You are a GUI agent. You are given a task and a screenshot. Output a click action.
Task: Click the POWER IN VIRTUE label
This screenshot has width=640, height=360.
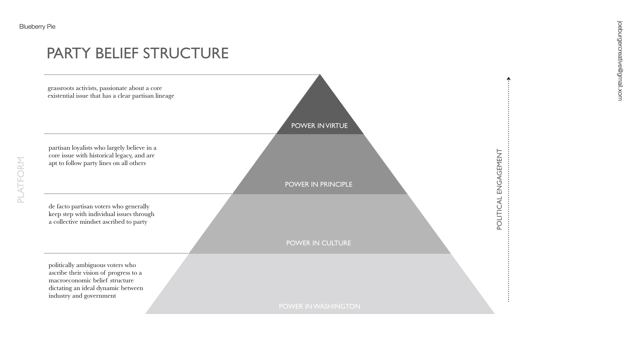click(319, 126)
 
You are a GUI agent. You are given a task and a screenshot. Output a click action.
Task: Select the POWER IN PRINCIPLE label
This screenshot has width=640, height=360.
click(318, 184)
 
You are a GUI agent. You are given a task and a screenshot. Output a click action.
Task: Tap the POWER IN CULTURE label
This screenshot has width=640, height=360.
click(318, 243)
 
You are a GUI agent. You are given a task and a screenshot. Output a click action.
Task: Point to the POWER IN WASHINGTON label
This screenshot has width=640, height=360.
click(319, 306)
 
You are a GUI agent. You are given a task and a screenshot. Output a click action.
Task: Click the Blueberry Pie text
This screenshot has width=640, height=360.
click(37, 27)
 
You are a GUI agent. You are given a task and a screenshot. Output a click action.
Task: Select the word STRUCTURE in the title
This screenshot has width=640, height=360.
click(186, 53)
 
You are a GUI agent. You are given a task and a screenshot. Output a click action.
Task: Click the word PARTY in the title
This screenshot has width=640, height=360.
click(68, 53)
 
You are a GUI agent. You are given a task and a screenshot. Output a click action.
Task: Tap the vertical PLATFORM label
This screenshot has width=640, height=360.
click(21, 180)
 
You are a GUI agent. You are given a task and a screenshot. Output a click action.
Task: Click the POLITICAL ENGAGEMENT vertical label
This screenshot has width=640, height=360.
click(499, 189)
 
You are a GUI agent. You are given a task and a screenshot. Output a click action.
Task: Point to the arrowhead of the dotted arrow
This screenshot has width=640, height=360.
click(508, 79)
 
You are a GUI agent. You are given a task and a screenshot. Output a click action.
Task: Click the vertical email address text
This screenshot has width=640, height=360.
click(620, 61)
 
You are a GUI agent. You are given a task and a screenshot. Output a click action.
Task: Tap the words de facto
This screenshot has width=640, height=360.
click(59, 206)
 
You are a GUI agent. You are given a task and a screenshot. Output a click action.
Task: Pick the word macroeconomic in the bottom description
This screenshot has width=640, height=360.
click(70, 280)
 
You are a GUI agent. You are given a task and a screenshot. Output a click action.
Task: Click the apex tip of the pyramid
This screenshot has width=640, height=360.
click(320, 75)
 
